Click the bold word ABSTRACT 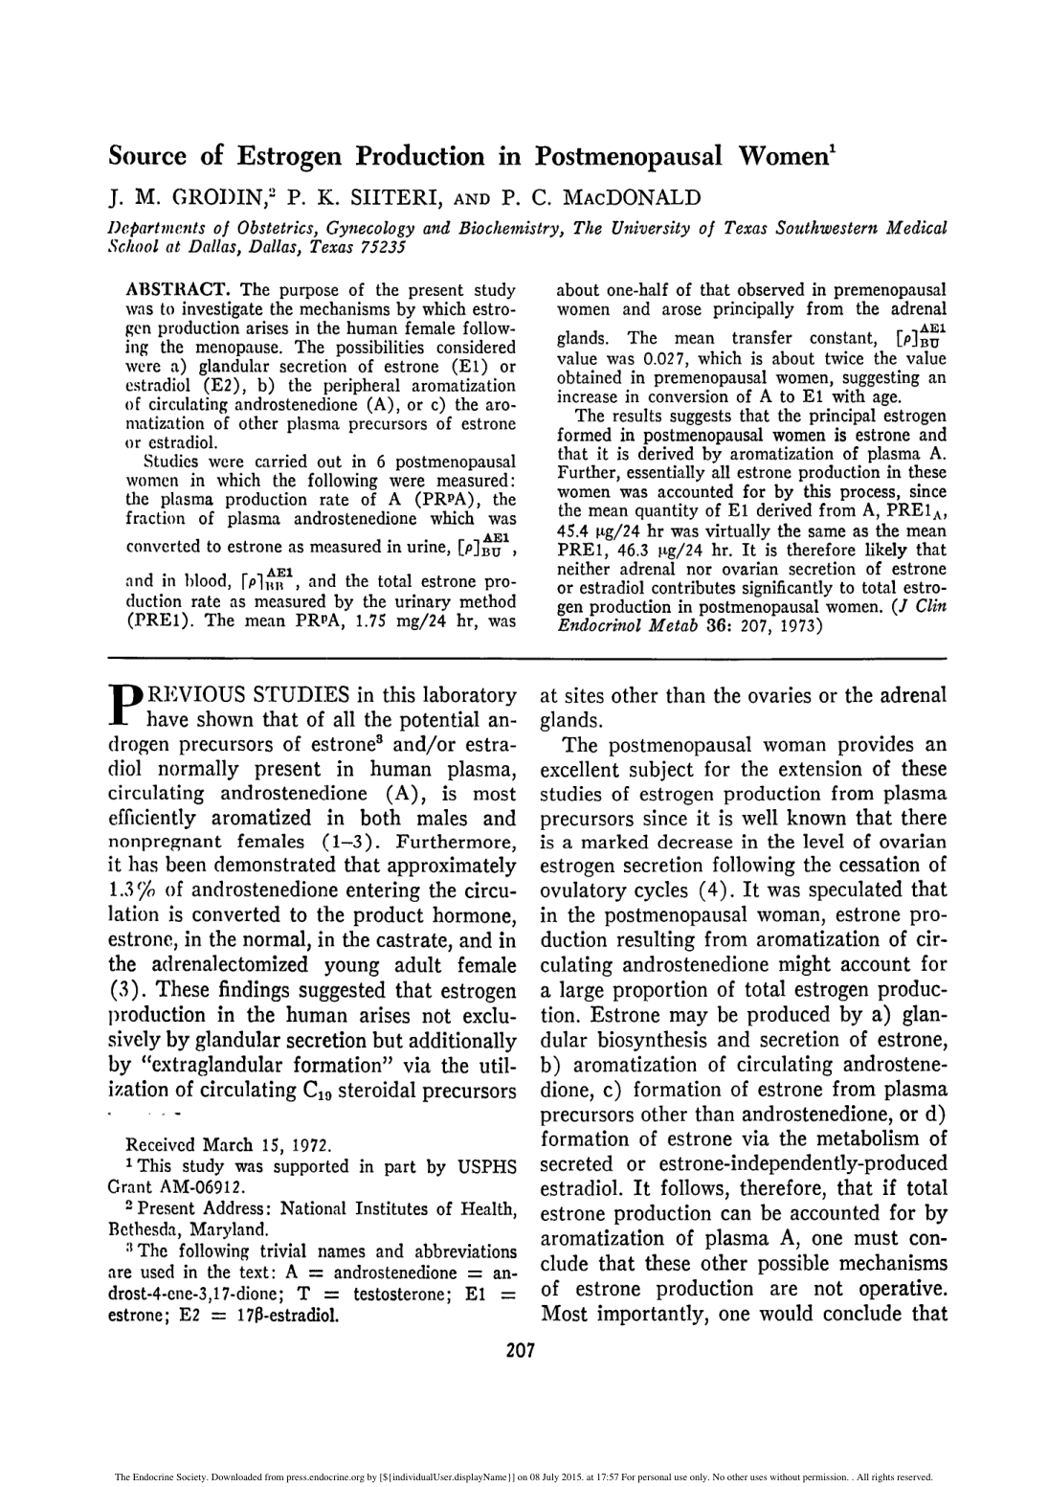click(x=178, y=289)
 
